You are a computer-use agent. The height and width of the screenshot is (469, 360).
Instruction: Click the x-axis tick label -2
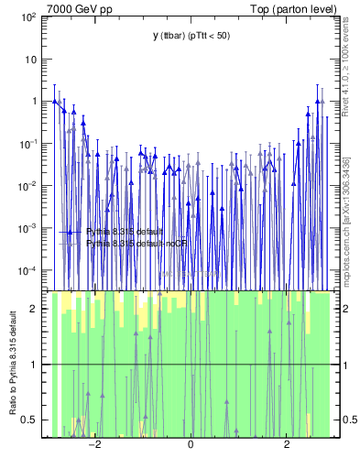coord(93,445)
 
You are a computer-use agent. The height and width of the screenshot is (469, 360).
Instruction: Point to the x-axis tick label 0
coord(191,445)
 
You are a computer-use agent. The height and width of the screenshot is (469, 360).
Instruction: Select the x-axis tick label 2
coord(287,445)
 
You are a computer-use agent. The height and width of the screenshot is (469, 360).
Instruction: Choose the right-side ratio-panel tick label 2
coord(342,309)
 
